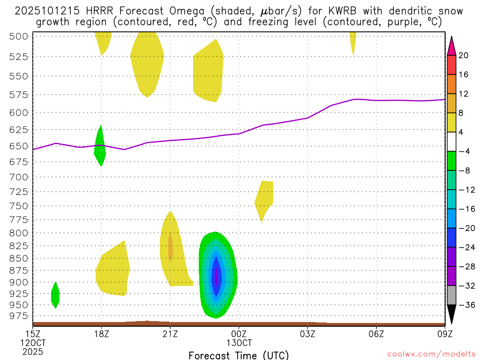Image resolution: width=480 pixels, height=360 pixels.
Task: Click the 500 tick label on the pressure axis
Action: [19, 36]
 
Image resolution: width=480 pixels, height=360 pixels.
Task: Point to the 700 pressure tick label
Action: [19, 177]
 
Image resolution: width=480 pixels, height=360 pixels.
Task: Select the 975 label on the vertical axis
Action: [19, 316]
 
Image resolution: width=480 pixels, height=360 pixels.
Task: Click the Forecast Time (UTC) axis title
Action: [239, 355]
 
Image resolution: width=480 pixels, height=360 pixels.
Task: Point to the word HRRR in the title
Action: [100, 11]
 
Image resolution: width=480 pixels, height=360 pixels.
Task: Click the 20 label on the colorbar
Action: [464, 55]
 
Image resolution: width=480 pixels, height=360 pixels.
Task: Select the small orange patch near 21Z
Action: [171, 247]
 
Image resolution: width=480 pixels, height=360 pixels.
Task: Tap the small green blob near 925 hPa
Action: [55, 295]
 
